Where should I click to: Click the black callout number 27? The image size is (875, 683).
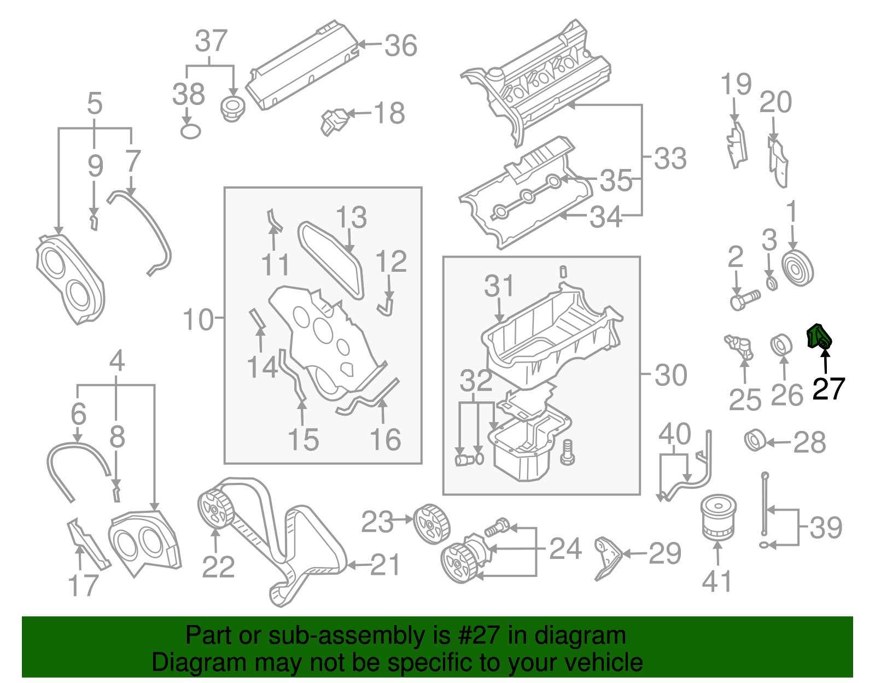[x=829, y=389]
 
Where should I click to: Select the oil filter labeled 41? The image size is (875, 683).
[x=718, y=516]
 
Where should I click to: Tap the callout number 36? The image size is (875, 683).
[x=401, y=46]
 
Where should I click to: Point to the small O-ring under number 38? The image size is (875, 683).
[x=190, y=131]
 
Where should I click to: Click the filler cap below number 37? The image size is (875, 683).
[x=232, y=108]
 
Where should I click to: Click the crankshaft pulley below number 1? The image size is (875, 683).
[x=798, y=268]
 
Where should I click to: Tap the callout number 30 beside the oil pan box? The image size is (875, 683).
[x=670, y=375]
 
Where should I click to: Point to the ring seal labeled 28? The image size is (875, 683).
[x=755, y=441]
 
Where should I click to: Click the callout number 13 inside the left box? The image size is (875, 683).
[x=351, y=218]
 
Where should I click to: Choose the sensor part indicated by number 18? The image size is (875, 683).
[x=334, y=121]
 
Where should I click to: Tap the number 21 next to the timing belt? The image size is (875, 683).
[x=386, y=564]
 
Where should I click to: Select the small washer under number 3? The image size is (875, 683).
[x=772, y=284]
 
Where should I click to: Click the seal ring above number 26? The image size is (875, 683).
[x=781, y=345]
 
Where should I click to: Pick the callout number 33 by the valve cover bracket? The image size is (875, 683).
[x=670, y=159]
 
